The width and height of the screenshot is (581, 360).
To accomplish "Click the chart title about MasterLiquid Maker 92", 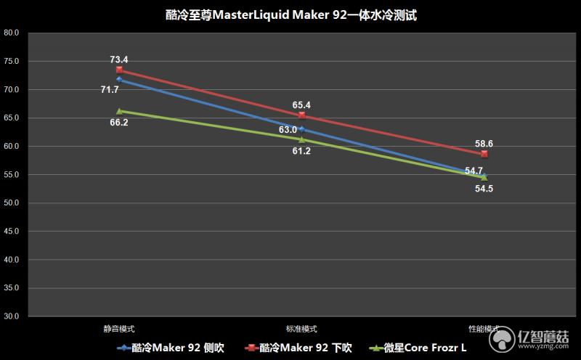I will (290, 15).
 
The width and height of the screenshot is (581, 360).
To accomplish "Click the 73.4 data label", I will (119, 59).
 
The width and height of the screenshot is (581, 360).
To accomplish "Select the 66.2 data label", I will (119, 123).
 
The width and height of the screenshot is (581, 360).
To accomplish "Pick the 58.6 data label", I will (484, 144).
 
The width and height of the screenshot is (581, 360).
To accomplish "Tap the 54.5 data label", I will (484, 189).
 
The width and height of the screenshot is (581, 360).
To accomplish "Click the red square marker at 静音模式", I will (119, 70).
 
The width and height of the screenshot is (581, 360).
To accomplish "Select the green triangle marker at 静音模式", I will (119, 111).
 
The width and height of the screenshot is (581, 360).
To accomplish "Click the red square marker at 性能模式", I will (484, 155).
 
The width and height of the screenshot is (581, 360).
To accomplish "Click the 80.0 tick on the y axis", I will (12, 33).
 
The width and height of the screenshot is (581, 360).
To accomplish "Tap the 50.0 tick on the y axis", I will (12, 203).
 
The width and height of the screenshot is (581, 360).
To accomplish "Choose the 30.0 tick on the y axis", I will (12, 317).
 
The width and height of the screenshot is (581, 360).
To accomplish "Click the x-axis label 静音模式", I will (119, 329).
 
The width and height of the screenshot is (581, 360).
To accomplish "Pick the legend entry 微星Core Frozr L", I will (418, 348).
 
